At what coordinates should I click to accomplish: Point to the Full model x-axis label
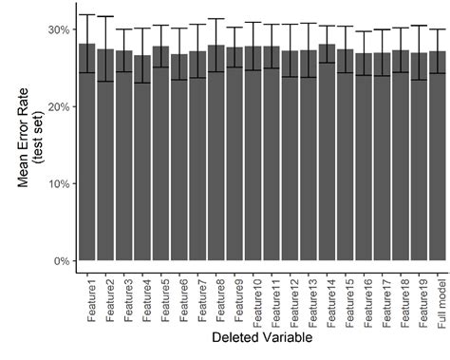[x=438, y=294]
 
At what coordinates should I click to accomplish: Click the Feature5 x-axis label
[x=160, y=294]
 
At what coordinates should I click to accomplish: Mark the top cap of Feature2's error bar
[x=105, y=16]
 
